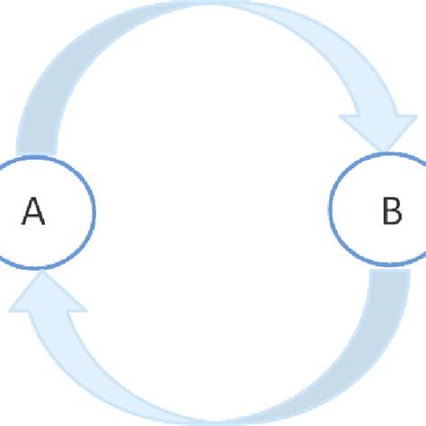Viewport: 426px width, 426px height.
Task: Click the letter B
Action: point(392,212)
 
